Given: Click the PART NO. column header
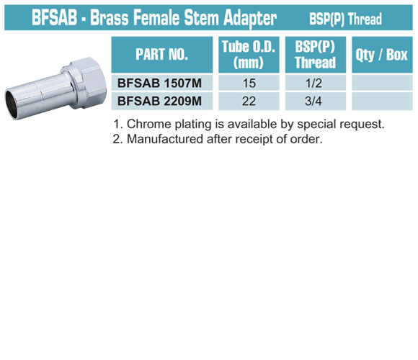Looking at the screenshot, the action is [x=162, y=55].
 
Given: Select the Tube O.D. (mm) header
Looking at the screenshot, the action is [x=249, y=55].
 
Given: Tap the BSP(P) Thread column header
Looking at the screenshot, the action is [x=315, y=55].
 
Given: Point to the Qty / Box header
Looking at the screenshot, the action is [x=382, y=55].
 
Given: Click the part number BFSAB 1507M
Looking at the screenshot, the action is [x=159, y=83].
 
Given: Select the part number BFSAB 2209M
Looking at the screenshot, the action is [x=159, y=101].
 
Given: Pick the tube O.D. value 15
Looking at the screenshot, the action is [x=249, y=83].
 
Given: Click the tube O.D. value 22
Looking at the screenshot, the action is [x=249, y=101].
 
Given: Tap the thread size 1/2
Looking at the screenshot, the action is [x=313, y=83].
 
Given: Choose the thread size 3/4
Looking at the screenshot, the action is [x=313, y=101].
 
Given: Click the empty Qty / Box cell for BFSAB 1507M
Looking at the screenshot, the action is [x=382, y=83].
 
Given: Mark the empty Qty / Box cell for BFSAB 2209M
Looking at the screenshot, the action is [x=382, y=102].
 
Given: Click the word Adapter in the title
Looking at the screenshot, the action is [x=250, y=18].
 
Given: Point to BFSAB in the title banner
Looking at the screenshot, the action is [x=54, y=17].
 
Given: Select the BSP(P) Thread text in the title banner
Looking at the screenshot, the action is [x=345, y=19].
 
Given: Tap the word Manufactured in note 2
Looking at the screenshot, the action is [x=164, y=139].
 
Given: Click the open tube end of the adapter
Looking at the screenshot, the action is [x=12, y=104].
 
